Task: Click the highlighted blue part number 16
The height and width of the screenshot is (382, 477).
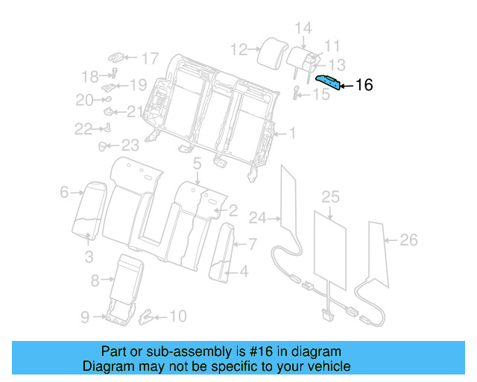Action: (328, 82)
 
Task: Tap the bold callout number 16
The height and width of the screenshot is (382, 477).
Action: (364, 85)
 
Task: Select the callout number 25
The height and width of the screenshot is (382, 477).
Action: (330, 197)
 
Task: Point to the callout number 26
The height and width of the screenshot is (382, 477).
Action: (408, 239)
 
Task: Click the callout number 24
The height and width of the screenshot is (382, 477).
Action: (257, 219)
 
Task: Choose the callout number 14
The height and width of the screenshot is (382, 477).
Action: (303, 28)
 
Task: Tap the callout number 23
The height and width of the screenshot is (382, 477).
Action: (130, 145)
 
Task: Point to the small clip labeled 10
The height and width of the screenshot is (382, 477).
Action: (147, 316)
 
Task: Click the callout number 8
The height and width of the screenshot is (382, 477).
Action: (94, 281)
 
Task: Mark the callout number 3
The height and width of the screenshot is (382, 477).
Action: (89, 258)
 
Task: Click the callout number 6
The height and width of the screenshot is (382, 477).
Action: (64, 192)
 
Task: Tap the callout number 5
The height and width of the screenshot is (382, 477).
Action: (197, 163)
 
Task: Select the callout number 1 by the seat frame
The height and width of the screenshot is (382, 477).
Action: (292, 134)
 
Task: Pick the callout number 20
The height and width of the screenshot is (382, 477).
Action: (84, 100)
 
